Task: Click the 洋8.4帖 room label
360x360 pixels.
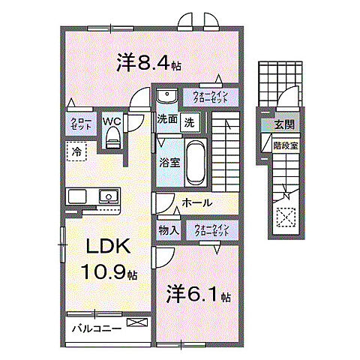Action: click(147, 64)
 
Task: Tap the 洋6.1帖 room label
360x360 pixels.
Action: click(193, 293)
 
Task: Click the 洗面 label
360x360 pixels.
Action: click(166, 120)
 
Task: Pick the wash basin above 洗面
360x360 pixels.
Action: click(166, 96)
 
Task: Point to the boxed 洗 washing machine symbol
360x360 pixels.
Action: click(190, 121)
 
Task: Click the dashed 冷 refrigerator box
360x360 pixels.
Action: click(76, 152)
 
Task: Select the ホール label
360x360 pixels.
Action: click(196, 203)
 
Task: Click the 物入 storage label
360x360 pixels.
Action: click(168, 229)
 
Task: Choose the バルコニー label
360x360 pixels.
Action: click(97, 328)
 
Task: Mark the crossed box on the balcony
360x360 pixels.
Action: click(137, 323)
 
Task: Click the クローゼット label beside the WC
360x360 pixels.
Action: click(81, 124)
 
